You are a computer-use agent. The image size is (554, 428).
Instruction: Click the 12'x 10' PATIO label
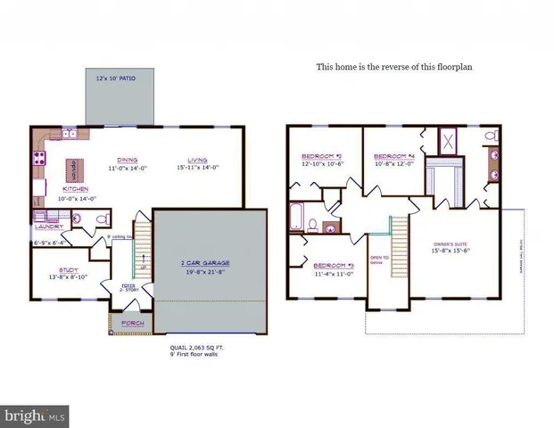(x=118, y=79)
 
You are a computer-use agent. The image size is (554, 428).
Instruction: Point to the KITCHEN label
(x=75, y=189)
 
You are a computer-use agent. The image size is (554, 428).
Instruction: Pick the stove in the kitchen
(x=38, y=160)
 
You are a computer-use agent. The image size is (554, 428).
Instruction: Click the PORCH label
(x=132, y=323)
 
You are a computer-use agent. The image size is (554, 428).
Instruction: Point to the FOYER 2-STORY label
(x=128, y=287)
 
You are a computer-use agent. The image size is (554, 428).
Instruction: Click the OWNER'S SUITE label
(x=451, y=243)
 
